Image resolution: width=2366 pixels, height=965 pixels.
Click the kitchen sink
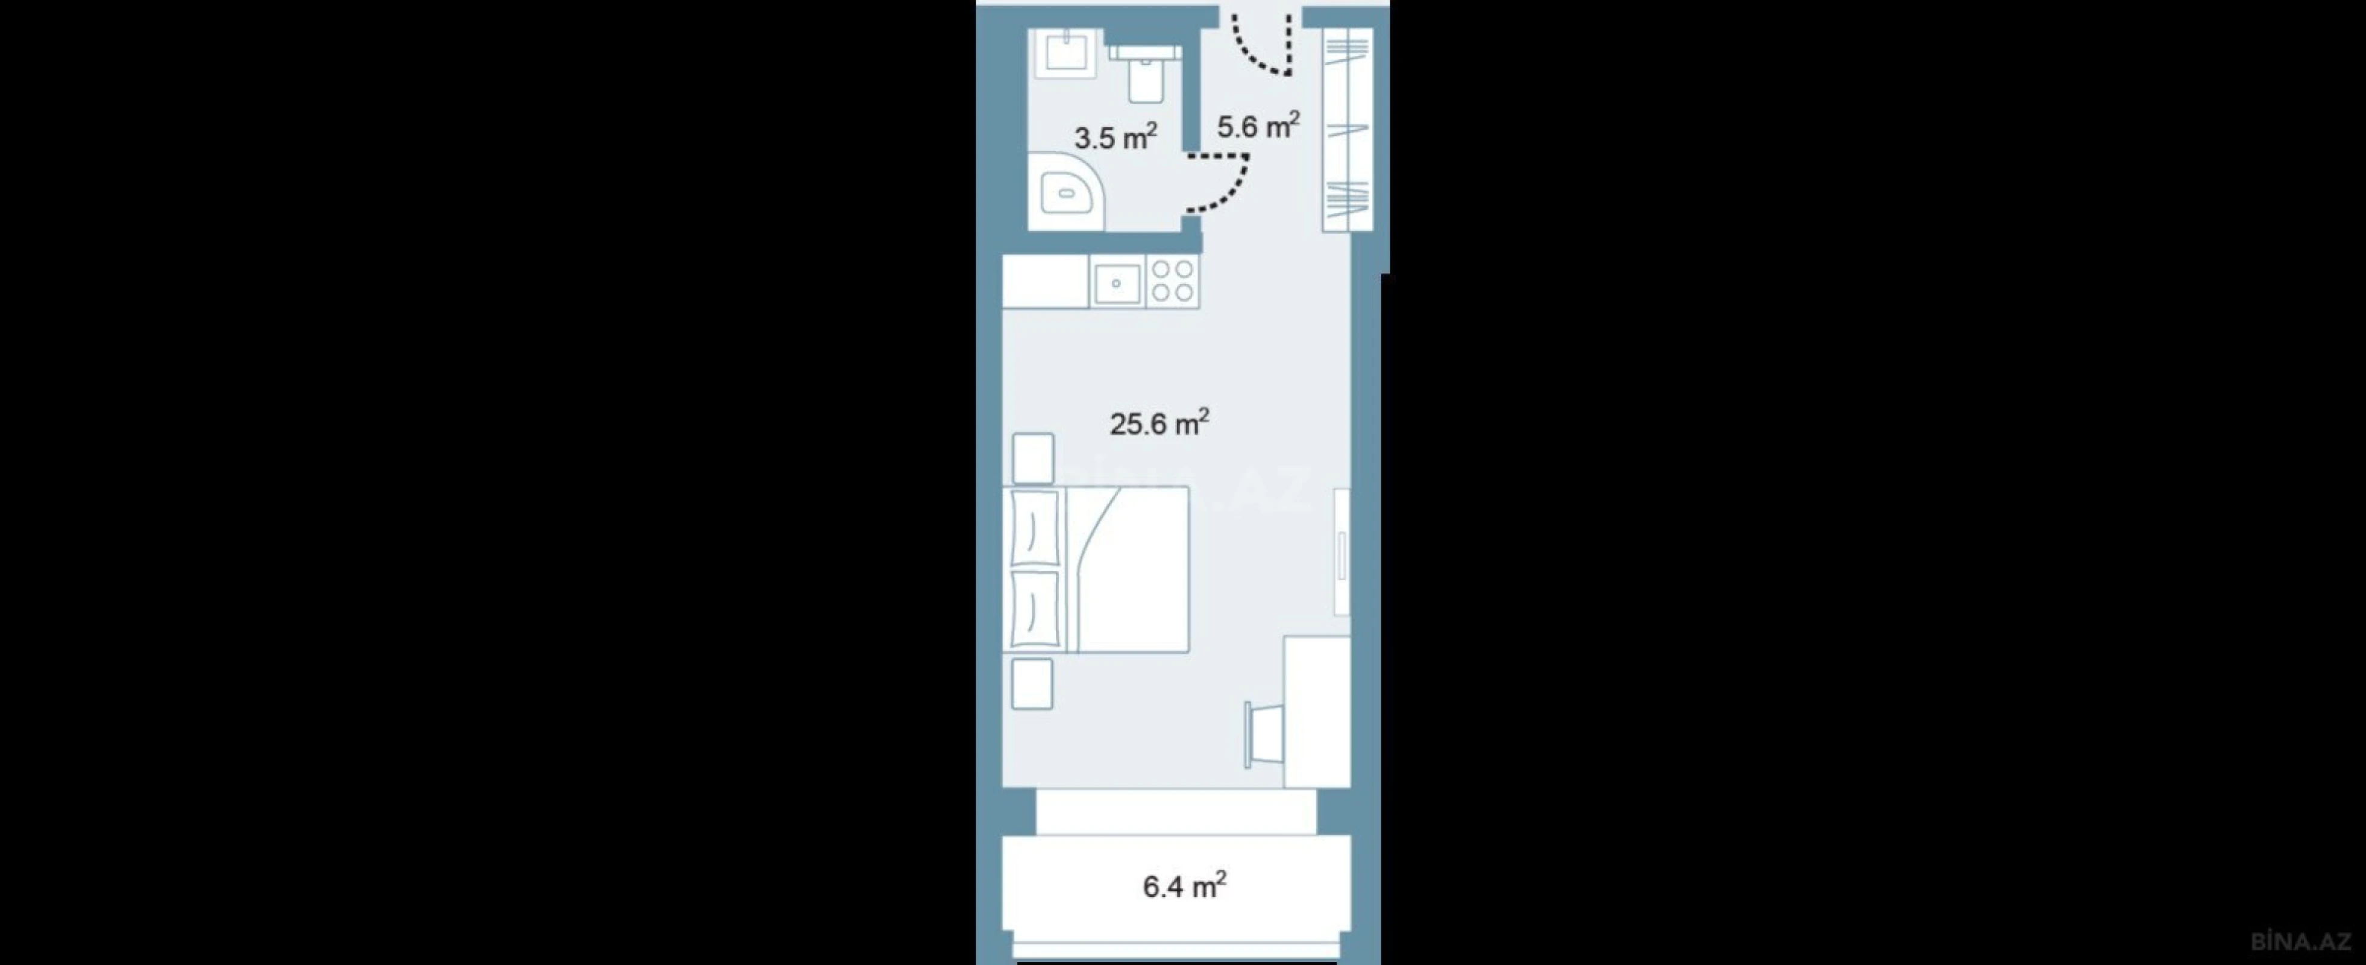(x=1117, y=282)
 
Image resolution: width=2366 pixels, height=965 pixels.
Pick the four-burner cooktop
(x=1172, y=281)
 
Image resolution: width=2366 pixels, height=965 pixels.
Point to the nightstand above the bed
(x=1032, y=458)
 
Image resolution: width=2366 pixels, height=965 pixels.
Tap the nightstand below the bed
(x=1032, y=684)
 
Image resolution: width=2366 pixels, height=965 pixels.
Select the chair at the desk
(x=1264, y=735)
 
